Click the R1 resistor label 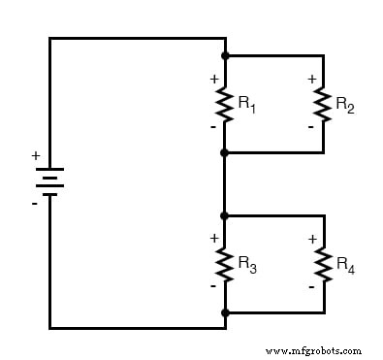pyautogui.click(x=248, y=103)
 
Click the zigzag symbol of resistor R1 pyautogui.click(x=225, y=104)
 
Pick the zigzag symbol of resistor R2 pyautogui.click(x=323, y=104)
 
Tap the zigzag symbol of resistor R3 pyautogui.click(x=225, y=263)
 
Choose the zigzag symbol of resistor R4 pyautogui.click(x=323, y=263)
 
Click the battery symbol pyautogui.click(x=49, y=181)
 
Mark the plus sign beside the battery pyautogui.click(x=36, y=155)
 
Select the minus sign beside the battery pyautogui.click(x=35, y=203)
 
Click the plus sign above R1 pyautogui.click(x=213, y=79)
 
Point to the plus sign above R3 pyautogui.click(x=213, y=238)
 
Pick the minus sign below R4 pyautogui.click(x=311, y=286)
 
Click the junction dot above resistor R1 pyautogui.click(x=225, y=55)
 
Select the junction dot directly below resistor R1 pyautogui.click(x=225, y=152)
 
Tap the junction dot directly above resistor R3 pyautogui.click(x=225, y=215)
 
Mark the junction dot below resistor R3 pyautogui.click(x=225, y=312)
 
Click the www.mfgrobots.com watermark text pyautogui.click(x=312, y=350)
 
